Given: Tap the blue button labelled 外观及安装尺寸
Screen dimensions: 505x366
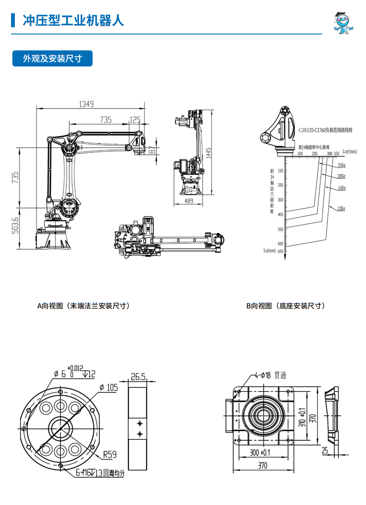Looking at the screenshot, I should tap(52, 59).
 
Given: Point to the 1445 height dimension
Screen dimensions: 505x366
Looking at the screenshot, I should tap(208, 153).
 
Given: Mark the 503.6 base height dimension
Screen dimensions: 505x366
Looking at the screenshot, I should tap(15, 228).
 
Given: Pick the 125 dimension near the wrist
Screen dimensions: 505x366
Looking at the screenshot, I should tap(135, 120).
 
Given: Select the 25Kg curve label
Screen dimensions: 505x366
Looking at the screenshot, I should tap(341, 165).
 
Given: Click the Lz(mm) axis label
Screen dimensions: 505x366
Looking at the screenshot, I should tap(270, 251).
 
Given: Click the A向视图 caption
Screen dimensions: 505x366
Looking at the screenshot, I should tap(83, 306).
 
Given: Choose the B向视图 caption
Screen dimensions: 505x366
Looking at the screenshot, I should tap(285, 306).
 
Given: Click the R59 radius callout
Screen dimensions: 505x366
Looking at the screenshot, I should tap(110, 455).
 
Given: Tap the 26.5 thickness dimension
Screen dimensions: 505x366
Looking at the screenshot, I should tap(138, 377).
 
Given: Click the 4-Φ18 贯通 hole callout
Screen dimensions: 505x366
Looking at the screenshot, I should tap(270, 375).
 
